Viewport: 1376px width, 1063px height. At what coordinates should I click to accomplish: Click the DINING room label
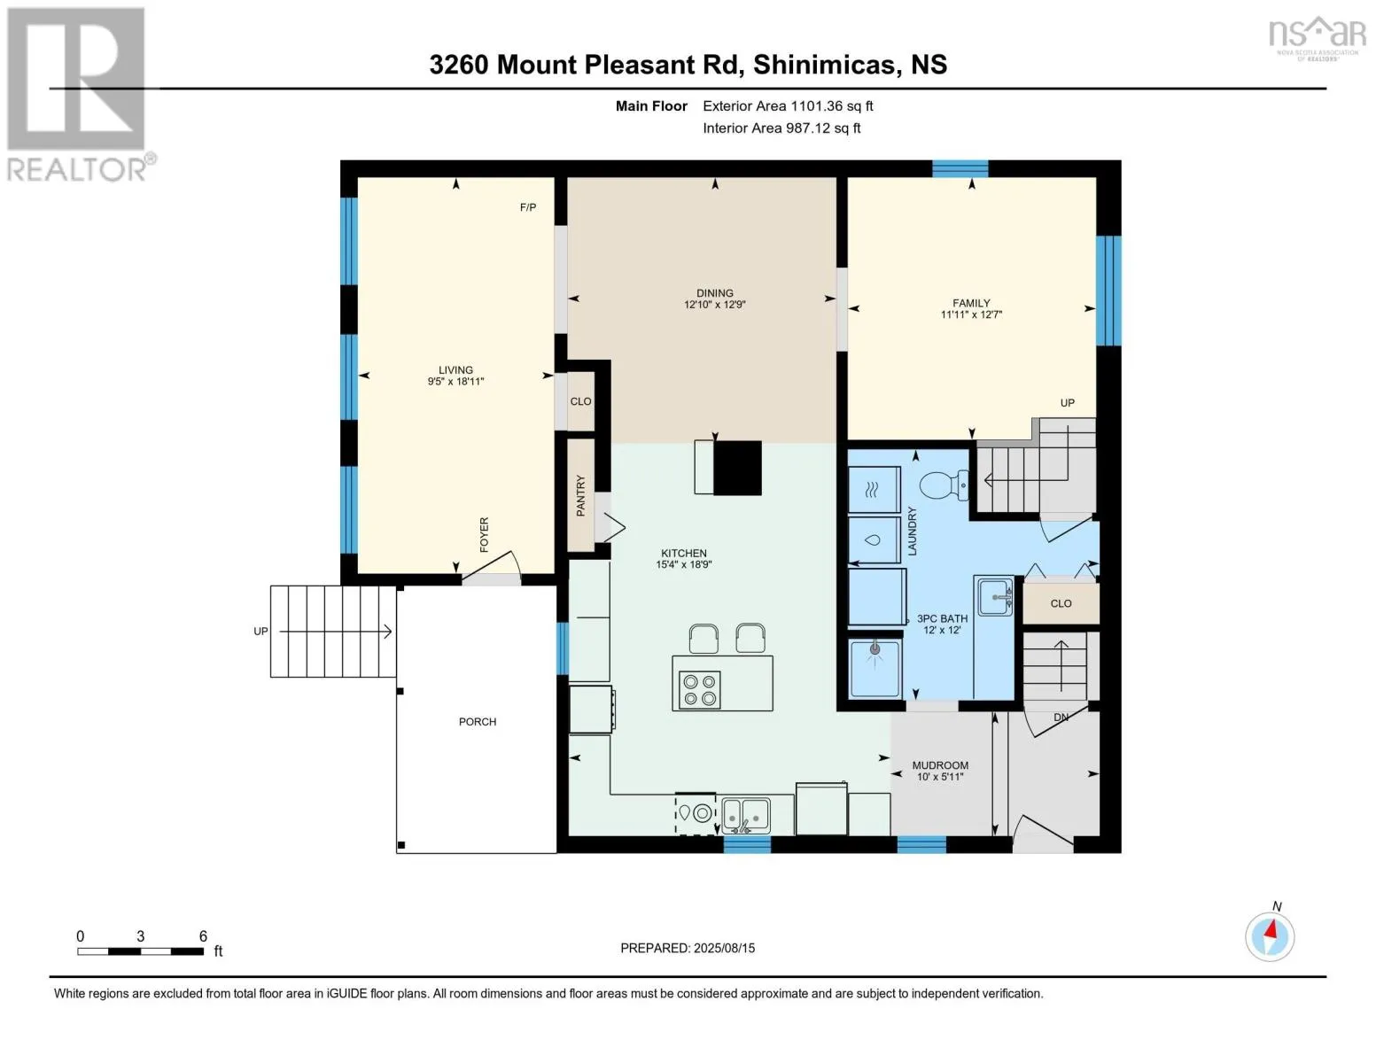715,293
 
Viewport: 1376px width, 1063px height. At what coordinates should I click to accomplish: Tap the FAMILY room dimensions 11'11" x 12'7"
971,314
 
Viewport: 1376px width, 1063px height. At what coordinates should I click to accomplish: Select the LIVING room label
456,370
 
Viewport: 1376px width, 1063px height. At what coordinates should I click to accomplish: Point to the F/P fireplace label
528,207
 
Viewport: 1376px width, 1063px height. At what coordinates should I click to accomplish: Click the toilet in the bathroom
944,485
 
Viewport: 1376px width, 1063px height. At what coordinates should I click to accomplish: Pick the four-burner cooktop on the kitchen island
699,690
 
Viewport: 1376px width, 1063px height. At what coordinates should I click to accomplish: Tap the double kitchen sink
746,815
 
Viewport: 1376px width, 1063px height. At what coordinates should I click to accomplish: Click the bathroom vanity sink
995,596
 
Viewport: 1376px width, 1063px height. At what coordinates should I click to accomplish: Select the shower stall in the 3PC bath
875,669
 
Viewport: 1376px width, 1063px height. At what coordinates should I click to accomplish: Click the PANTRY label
580,496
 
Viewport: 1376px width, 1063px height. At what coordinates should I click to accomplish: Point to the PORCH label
478,722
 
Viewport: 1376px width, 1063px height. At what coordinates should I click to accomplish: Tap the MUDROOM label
940,765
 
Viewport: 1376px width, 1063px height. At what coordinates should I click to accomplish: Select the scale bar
141,951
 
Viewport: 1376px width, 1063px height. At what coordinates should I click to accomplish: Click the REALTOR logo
79,95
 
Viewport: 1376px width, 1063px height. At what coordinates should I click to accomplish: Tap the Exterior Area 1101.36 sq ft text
788,106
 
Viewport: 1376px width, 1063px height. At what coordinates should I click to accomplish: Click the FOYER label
485,535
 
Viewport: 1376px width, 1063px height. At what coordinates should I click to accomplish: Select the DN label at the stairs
1061,718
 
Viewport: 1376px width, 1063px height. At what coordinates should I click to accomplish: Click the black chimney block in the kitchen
738,468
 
